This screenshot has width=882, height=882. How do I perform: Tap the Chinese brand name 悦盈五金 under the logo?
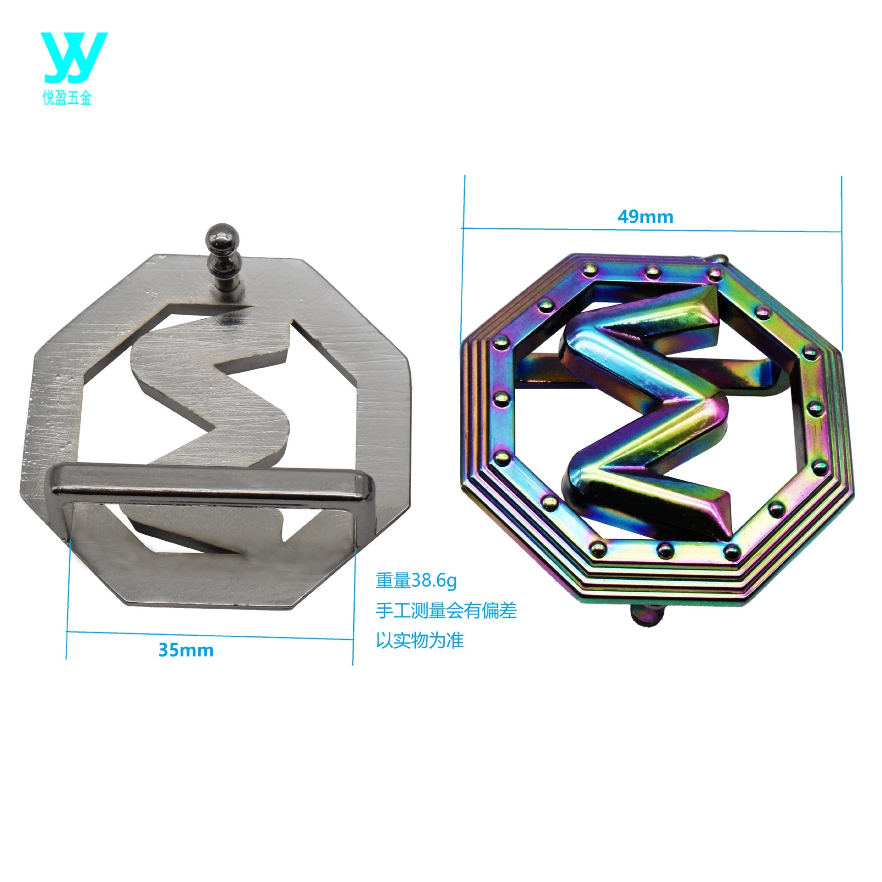click(x=67, y=98)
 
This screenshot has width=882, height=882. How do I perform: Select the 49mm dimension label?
click(x=645, y=216)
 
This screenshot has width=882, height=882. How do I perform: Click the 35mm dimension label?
click(x=186, y=650)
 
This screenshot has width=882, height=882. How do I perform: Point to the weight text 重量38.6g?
click(x=416, y=581)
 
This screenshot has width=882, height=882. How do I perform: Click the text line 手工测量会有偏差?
click(x=446, y=610)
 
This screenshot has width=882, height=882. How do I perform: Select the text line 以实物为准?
click(x=420, y=640)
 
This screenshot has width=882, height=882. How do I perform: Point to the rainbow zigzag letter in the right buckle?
click(x=645, y=413)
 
